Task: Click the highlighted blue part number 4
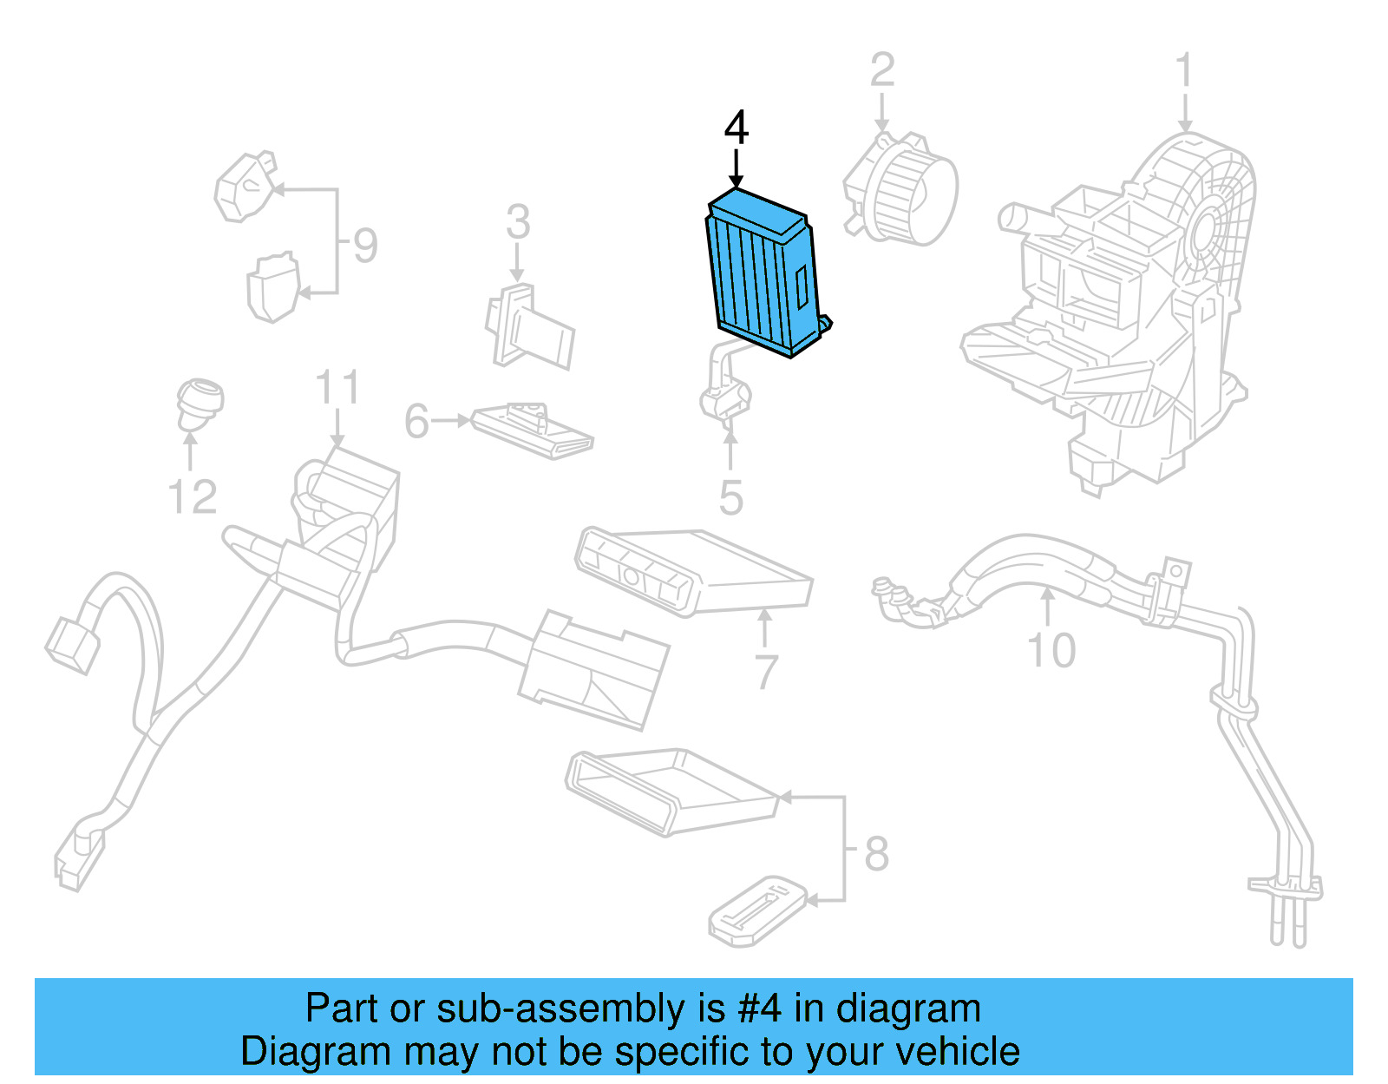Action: tap(762, 273)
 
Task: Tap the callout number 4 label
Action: tap(736, 128)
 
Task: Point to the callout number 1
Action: tap(1184, 71)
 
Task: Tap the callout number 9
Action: tap(365, 246)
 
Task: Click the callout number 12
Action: tap(192, 497)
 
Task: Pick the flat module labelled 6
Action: tap(531, 430)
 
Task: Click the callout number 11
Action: tap(337, 388)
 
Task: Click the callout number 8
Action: tap(876, 854)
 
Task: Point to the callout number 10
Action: tap(1051, 651)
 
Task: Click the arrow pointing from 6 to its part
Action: tap(451, 421)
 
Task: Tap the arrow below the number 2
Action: tap(881, 113)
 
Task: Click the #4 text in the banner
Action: tap(759, 1009)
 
